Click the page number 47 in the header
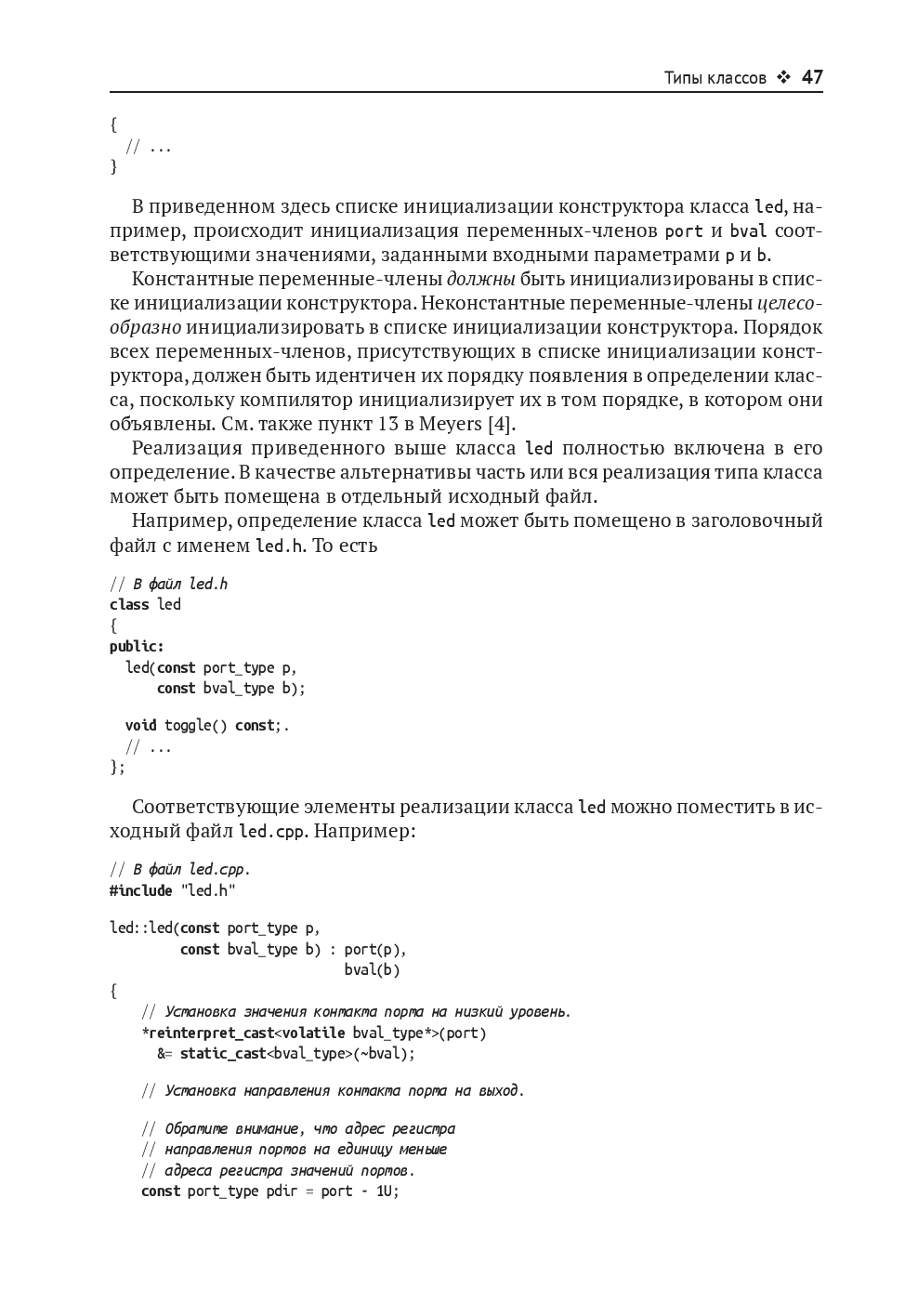pyautogui.click(x=812, y=77)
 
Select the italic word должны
pyautogui.click(x=480, y=280)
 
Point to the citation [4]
pyautogui.click(x=502, y=425)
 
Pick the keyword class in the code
pyautogui.click(x=129, y=605)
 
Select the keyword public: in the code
pyautogui.click(x=137, y=647)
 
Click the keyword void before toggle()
pyautogui.click(x=141, y=726)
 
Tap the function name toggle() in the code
pyautogui.click(x=196, y=726)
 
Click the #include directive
pyautogui.click(x=141, y=891)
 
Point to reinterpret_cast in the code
pyautogui.click(x=211, y=1033)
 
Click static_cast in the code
pyautogui.click(x=223, y=1054)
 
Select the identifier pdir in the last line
pyautogui.click(x=282, y=1191)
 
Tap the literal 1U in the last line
pyautogui.click(x=386, y=1191)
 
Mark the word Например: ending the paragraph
pyautogui.click(x=364, y=831)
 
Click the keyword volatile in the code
pyautogui.click(x=313, y=1033)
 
